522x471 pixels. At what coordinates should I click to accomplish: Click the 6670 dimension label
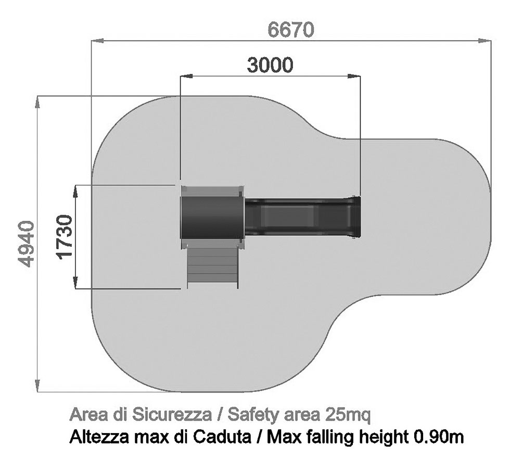coord(290,30)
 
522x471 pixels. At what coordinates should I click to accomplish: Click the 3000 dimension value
coord(270,65)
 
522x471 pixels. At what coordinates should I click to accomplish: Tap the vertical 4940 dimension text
coord(26,244)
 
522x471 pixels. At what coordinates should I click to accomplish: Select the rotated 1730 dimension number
coord(64,237)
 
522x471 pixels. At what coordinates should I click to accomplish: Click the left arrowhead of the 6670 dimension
coord(97,41)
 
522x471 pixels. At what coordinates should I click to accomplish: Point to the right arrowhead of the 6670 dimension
coord(485,41)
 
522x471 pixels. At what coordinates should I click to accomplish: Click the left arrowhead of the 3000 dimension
coord(187,77)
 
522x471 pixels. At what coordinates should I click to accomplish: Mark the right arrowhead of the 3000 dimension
coord(354,77)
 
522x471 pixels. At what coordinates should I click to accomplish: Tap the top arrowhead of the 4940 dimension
coord(38,103)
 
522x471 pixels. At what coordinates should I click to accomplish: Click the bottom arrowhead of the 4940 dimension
coord(38,386)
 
